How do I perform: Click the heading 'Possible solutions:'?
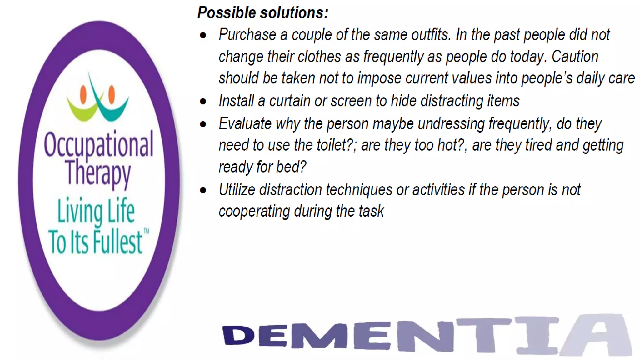263,13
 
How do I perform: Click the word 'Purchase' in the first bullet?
247,35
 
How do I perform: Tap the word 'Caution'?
575,57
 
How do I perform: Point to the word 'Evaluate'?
245,124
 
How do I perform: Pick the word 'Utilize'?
237,190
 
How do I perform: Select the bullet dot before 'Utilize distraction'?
203,190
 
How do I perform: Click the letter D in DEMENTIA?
238,335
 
